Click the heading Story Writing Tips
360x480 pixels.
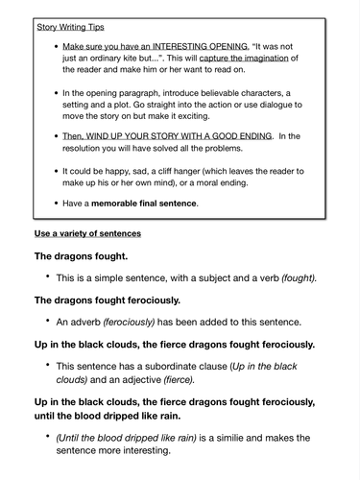coord(70,28)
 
